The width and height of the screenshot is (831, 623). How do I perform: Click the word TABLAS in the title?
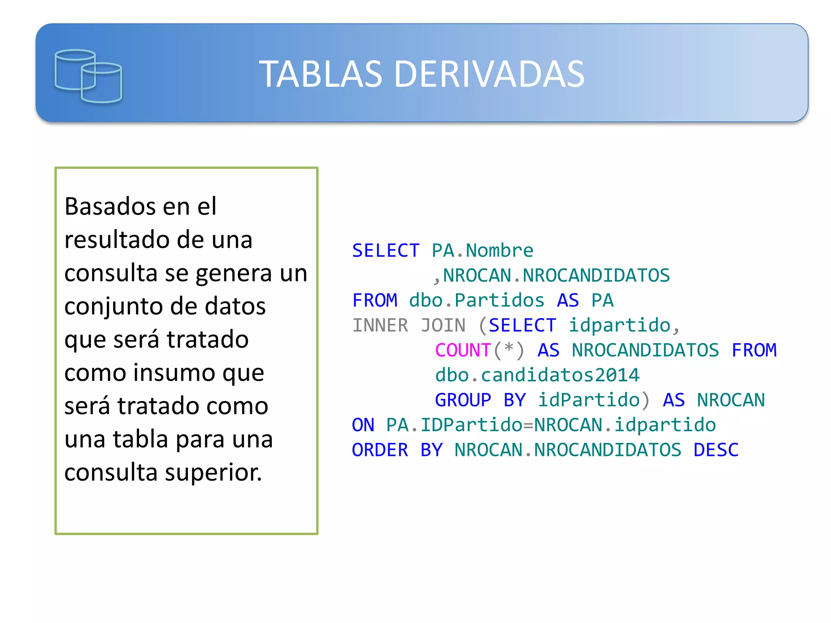point(321,74)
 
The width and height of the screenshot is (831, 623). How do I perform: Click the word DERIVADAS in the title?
point(489,74)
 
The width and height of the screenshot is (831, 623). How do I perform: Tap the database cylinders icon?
point(88,76)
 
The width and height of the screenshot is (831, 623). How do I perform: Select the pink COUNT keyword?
point(463,350)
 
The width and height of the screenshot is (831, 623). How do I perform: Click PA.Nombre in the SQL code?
point(482,250)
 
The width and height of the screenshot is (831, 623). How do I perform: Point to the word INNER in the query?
point(380,325)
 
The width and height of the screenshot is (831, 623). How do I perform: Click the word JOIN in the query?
point(443,325)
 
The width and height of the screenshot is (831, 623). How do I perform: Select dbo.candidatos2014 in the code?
point(537,375)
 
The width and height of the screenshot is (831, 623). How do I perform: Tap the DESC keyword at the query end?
point(716,450)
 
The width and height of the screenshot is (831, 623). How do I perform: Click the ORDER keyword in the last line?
point(380,450)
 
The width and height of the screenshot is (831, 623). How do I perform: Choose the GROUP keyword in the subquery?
point(463,400)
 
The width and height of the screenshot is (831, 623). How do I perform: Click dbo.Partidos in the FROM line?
point(477,300)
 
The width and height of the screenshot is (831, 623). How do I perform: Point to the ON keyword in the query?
point(363,425)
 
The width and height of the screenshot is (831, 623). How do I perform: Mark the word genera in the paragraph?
point(234,273)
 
